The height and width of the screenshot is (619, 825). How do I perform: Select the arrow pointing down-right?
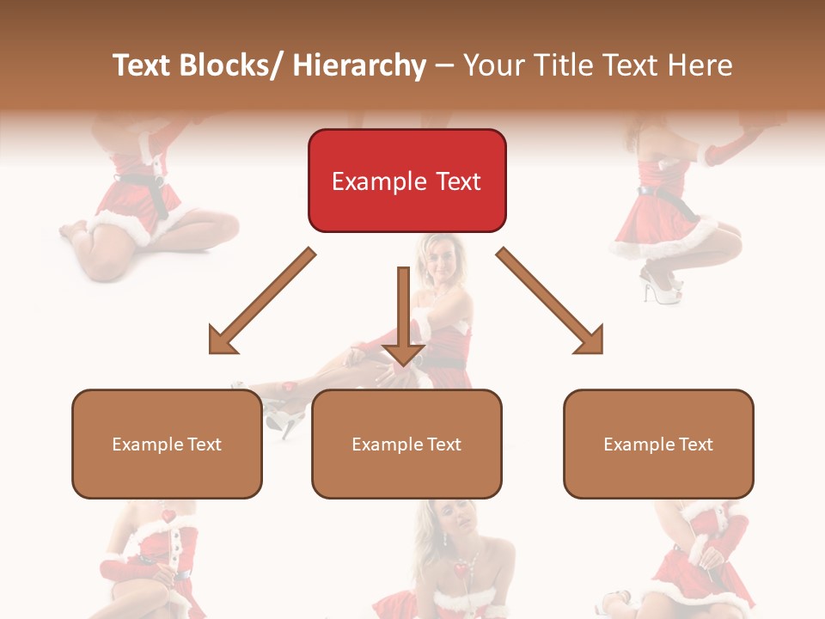coord(551,302)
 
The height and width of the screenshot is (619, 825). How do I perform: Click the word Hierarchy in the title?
coord(359,65)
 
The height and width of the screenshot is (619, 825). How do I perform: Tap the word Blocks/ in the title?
coord(231,65)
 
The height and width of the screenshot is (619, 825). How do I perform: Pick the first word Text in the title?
coord(143,65)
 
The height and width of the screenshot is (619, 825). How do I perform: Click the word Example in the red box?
coord(379,181)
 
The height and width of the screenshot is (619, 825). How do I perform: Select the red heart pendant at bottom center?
coord(462,570)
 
